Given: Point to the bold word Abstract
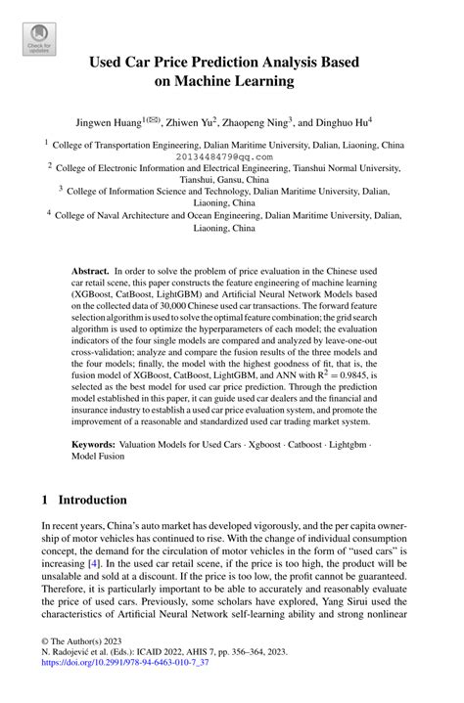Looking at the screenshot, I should click(x=90, y=268).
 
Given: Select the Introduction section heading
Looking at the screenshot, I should click(x=92, y=500).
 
